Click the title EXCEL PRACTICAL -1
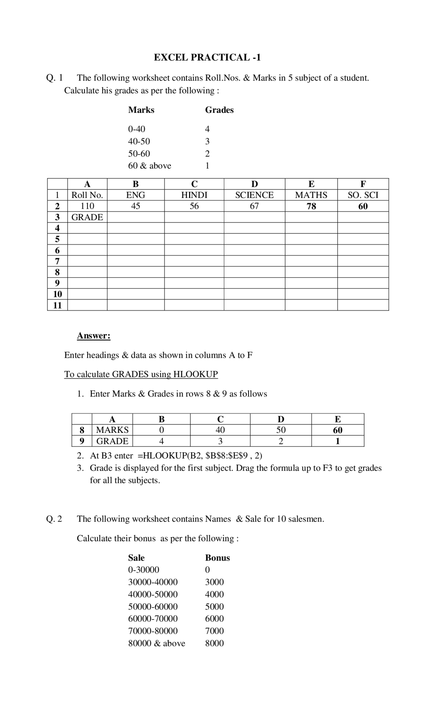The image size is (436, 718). click(x=207, y=57)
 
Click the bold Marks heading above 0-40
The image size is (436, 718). click(x=141, y=110)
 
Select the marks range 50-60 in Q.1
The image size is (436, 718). click(x=139, y=154)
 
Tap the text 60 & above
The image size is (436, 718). click(x=150, y=166)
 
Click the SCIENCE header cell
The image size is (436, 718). click(x=254, y=195)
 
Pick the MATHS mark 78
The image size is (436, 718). click(x=311, y=206)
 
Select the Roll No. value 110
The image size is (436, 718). click(x=87, y=206)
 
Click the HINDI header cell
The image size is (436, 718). click(x=194, y=195)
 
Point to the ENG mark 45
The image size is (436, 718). click(x=136, y=206)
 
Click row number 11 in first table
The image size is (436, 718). click(x=57, y=305)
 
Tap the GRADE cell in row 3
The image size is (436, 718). click(x=87, y=217)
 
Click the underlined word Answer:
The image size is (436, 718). click(x=94, y=336)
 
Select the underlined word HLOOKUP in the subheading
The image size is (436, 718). click(x=196, y=374)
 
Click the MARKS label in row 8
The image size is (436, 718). click(x=112, y=430)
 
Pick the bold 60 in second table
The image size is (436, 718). click(x=338, y=430)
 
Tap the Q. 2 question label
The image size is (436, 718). click(x=54, y=519)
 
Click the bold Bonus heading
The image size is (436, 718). click(x=217, y=558)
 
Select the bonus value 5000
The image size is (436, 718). click(x=214, y=607)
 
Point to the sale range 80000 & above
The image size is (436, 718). click(x=157, y=643)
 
